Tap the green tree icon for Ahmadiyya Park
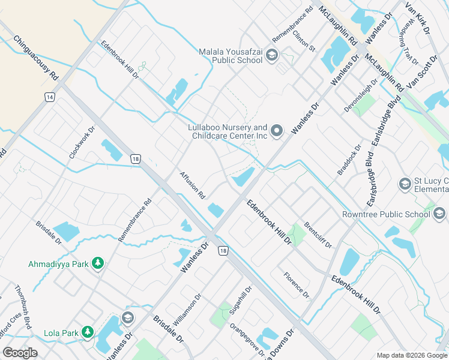click(98, 263)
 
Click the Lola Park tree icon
click(88, 332)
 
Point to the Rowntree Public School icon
click(439, 214)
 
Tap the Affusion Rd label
click(193, 185)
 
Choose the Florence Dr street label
click(297, 286)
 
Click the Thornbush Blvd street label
click(23, 307)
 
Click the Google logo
click(20, 352)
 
